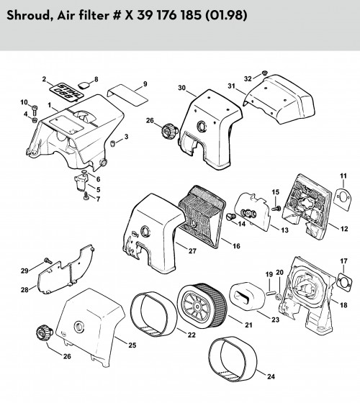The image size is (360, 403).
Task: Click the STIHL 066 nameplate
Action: tap(66, 92)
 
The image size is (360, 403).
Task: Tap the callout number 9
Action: tap(145, 84)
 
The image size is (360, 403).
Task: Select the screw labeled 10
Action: tap(35, 110)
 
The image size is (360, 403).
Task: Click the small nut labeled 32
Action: tap(264, 73)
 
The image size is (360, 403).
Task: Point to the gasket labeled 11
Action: tap(343, 199)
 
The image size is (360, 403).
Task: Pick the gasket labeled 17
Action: tap(344, 281)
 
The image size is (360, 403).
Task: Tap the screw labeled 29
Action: tap(48, 261)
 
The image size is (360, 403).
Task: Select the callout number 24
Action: tap(271, 377)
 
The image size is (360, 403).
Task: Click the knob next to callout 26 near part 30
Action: tap(169, 130)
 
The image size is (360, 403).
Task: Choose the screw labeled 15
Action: tap(276, 207)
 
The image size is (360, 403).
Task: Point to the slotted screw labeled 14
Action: tap(230, 217)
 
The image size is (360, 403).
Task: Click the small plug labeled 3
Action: tap(112, 143)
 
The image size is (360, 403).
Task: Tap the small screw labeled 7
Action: tap(86, 196)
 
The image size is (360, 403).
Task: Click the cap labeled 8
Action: tap(84, 85)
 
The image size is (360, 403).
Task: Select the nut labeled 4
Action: tap(35, 120)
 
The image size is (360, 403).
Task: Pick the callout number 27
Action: tap(192, 251)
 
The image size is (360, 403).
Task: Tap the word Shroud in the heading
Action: tap(29, 15)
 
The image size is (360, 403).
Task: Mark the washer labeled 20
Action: tap(278, 297)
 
